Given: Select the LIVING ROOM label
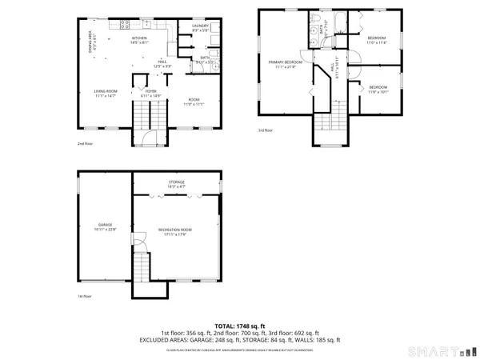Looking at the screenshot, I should tap(104, 94).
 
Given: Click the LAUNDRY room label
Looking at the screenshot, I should tap(201, 28).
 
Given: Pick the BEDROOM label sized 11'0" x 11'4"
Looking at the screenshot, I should tap(376, 40).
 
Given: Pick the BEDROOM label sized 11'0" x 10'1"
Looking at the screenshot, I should tap(378, 89).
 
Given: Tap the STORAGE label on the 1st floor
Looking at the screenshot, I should tap(176, 184).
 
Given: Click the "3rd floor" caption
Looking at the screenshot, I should tap(265, 130).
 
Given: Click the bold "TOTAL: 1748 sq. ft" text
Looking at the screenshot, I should tap(240, 326).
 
